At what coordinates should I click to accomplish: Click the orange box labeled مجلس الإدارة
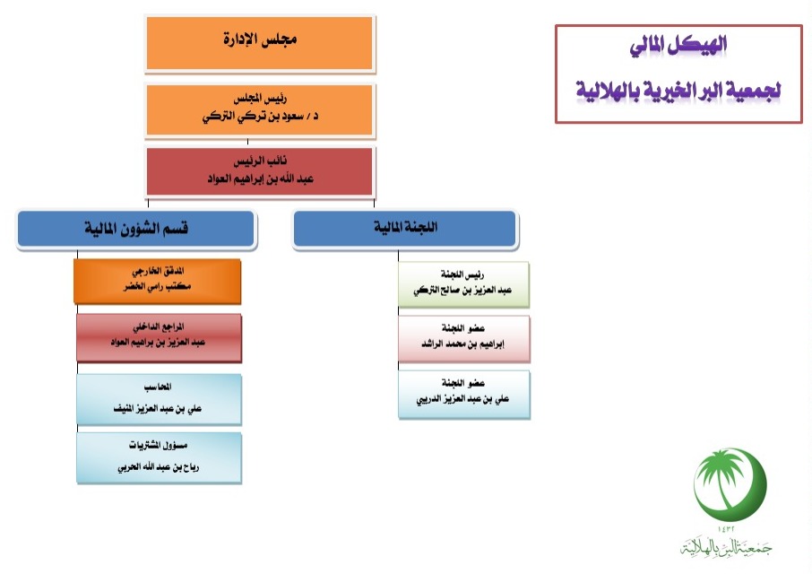pyautogui.click(x=259, y=43)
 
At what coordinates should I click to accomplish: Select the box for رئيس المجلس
pyautogui.click(x=259, y=109)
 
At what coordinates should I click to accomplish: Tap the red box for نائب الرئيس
pyautogui.click(x=259, y=171)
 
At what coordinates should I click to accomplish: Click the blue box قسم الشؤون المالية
pyautogui.click(x=136, y=229)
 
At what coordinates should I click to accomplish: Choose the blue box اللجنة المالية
pyautogui.click(x=405, y=228)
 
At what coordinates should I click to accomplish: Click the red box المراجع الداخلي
pyautogui.click(x=159, y=336)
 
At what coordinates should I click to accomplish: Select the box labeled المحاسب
pyautogui.click(x=159, y=399)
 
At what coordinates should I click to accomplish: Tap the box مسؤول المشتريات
pyautogui.click(x=159, y=458)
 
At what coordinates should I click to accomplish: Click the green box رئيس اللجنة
pyautogui.click(x=463, y=284)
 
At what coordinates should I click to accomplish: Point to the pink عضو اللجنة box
pyautogui.click(x=464, y=338)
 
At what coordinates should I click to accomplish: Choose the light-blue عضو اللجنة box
pyautogui.click(x=464, y=394)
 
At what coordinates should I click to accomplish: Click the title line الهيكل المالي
pyautogui.click(x=678, y=46)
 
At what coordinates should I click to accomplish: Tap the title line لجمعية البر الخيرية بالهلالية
pyautogui.click(x=678, y=91)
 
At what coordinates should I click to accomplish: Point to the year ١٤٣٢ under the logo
pyautogui.click(x=726, y=528)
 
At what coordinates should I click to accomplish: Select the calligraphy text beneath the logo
pyautogui.click(x=726, y=546)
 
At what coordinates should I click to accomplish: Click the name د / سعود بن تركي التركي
pyautogui.click(x=261, y=117)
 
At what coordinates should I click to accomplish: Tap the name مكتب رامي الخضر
pyautogui.click(x=158, y=286)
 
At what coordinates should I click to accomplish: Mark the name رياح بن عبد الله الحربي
pyautogui.click(x=159, y=467)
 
